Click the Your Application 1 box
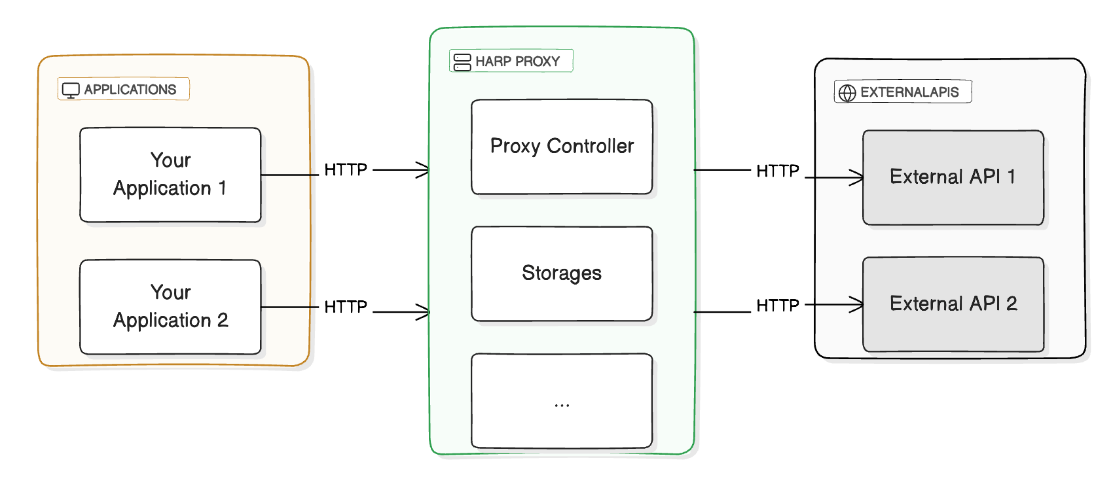(170, 175)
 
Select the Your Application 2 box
(170, 307)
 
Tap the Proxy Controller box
(562, 147)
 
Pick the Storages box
(562, 273)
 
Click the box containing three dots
(562, 400)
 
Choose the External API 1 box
(953, 177)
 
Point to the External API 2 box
(953, 304)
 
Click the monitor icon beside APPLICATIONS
(71, 90)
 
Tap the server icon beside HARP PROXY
(462, 62)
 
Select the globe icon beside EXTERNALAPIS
(847, 93)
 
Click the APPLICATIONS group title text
(130, 90)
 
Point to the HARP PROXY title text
(517, 61)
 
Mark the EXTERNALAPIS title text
(909, 92)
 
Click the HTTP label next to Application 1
(346, 170)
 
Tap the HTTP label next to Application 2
(346, 307)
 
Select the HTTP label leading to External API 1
(778, 171)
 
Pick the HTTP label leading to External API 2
(778, 306)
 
